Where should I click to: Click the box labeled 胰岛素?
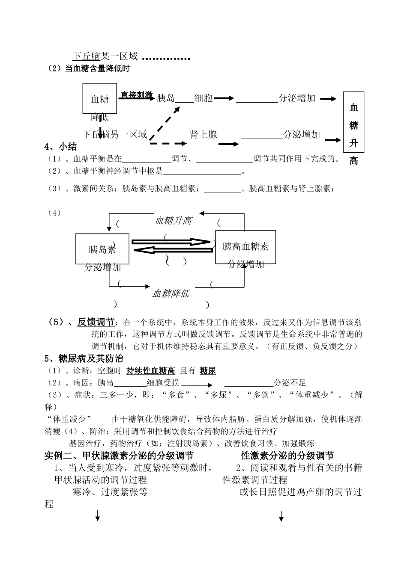[102, 249]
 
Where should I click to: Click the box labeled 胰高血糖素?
[245, 247]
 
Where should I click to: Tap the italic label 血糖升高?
[173, 221]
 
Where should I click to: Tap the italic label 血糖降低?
[171, 294]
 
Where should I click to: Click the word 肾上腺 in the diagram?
[203, 135]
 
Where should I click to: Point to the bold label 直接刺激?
[136, 95]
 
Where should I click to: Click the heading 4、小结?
[60, 147]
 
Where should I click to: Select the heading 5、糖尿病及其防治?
[84, 358]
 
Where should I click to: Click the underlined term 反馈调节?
[96, 322]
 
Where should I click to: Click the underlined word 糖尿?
[208, 370]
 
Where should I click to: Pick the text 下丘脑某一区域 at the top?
[105, 56]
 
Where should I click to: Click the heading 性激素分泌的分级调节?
[287, 456]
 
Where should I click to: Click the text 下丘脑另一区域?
[115, 135]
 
